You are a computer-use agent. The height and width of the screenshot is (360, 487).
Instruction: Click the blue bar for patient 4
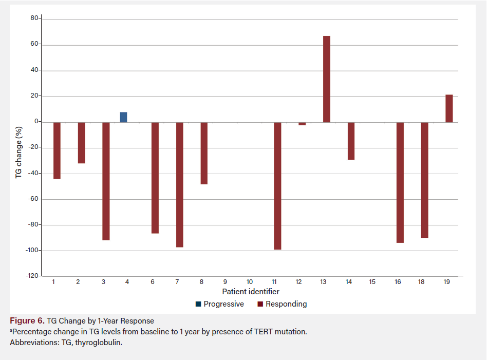tap(123, 117)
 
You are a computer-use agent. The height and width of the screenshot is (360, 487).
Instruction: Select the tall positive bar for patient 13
tap(327, 79)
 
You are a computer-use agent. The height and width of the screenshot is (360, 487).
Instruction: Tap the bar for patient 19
tap(449, 108)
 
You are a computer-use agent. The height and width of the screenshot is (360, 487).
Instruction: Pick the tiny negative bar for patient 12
tap(302, 124)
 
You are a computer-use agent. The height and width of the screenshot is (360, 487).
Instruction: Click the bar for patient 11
tap(277, 185)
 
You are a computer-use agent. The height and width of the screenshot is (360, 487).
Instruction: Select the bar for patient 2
tap(81, 143)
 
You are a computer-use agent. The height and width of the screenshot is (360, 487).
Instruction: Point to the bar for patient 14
tap(351, 141)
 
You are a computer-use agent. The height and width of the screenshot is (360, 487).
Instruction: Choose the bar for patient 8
tap(204, 153)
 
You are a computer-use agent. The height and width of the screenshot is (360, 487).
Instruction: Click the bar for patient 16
tap(400, 182)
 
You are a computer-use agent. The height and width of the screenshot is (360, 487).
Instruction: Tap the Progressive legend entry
tap(220, 304)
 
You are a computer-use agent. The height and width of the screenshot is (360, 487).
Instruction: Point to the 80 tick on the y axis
tap(35, 18)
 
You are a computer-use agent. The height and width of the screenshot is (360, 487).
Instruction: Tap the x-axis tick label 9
tap(225, 282)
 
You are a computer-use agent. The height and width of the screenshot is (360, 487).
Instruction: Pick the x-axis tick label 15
tap(372, 282)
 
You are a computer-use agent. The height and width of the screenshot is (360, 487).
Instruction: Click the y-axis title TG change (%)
tap(18, 151)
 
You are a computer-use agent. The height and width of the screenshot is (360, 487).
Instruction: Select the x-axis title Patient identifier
tap(251, 292)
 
